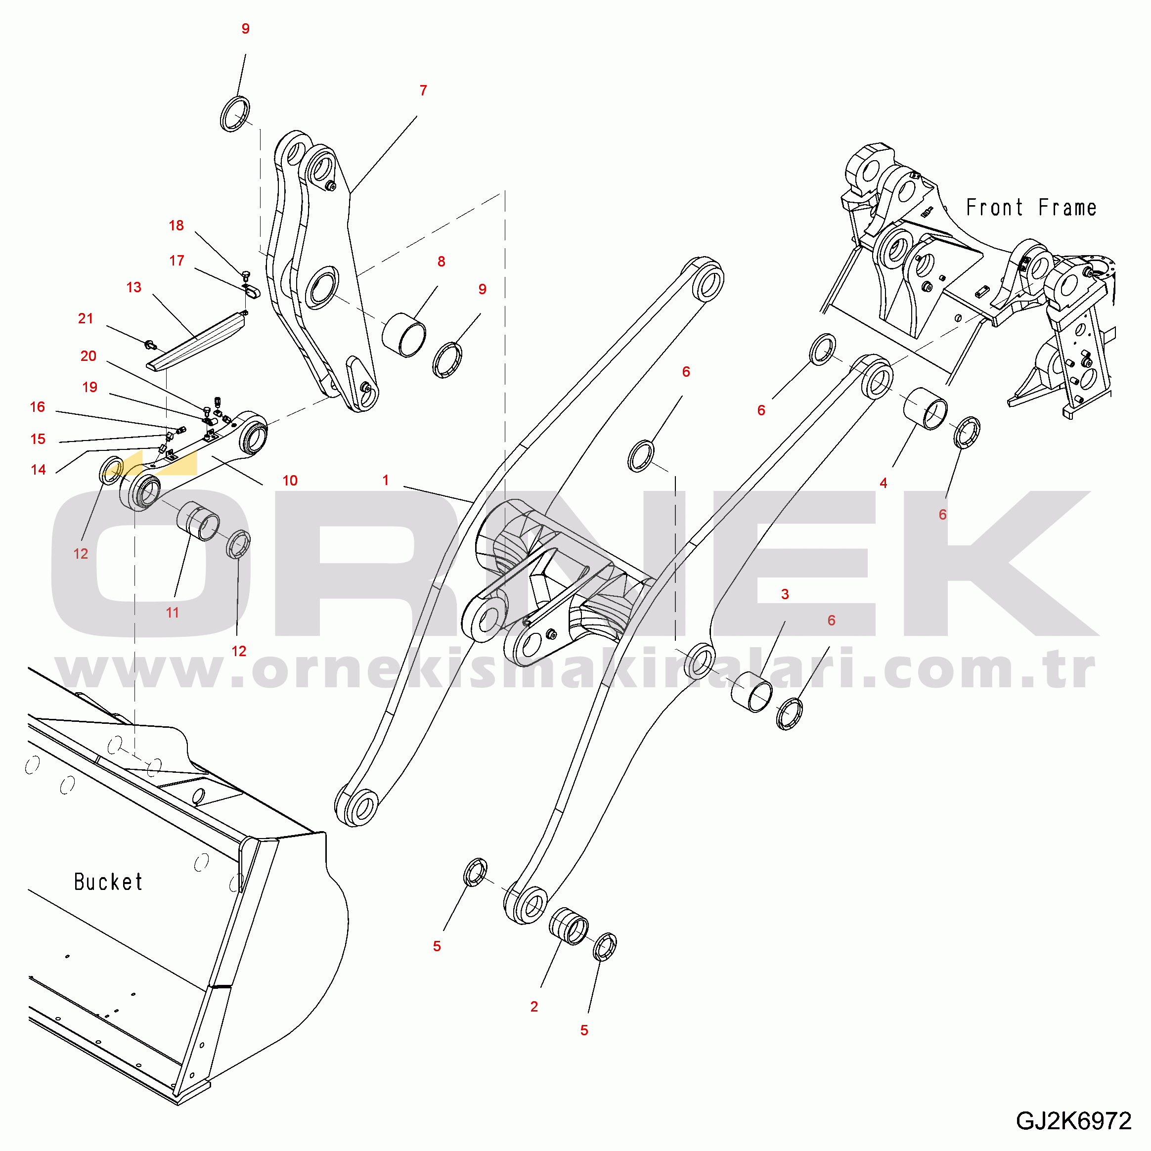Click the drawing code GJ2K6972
(x=1073, y=1121)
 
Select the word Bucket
(x=108, y=882)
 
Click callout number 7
(x=423, y=90)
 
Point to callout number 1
(x=386, y=480)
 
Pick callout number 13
(x=133, y=287)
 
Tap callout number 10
(x=290, y=480)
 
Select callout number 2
(x=534, y=1006)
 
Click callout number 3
(x=785, y=594)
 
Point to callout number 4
(x=883, y=483)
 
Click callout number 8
(x=441, y=261)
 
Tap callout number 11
(x=172, y=613)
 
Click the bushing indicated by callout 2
(x=569, y=927)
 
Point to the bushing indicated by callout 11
(x=198, y=521)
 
